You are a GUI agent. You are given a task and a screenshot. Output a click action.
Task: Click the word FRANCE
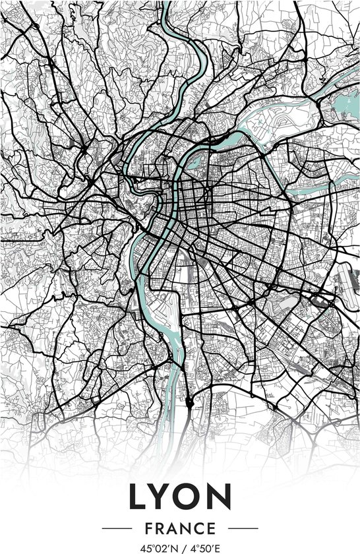click(180, 529)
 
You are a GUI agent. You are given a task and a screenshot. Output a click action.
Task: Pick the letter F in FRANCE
click(149, 529)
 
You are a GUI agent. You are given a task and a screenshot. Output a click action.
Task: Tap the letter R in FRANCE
click(161, 529)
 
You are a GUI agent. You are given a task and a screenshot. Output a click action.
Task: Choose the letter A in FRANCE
click(173, 529)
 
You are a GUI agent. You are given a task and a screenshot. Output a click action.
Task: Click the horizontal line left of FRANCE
click(119, 529)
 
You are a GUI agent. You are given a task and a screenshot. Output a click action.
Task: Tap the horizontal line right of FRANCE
click(241, 529)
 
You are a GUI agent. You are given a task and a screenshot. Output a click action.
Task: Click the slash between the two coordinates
click(182, 547)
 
